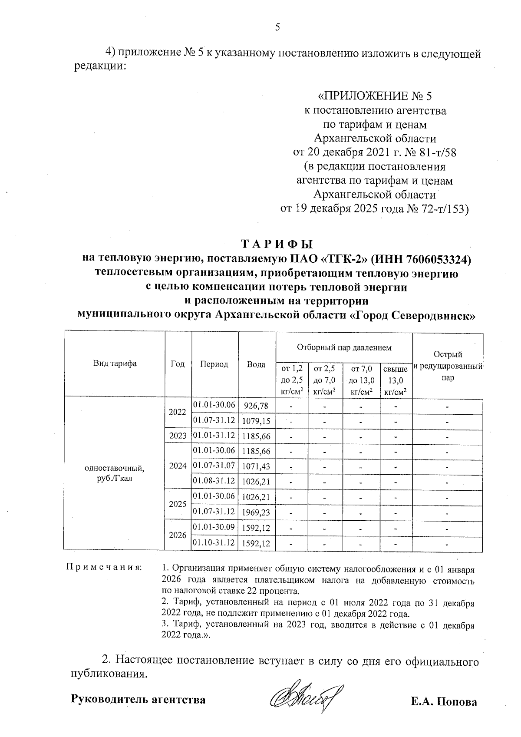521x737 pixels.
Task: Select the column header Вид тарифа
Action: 115,364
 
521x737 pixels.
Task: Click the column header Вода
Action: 256,365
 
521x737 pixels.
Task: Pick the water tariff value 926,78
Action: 256,406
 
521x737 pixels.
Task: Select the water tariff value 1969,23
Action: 256,512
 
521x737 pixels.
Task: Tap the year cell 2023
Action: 178,436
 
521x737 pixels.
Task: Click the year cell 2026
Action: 178,535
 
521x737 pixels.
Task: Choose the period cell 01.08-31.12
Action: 214,481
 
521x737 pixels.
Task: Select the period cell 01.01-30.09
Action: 214,527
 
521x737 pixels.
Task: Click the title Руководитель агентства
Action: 138,700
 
